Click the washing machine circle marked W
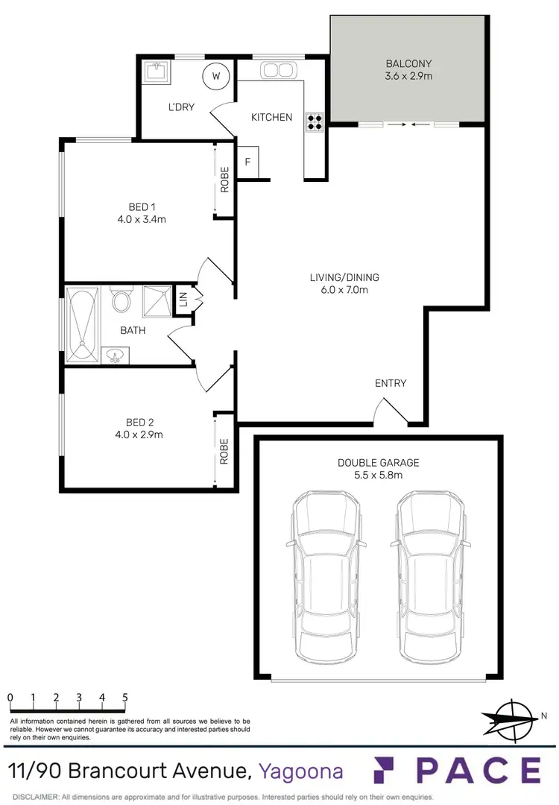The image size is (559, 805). pos(216,76)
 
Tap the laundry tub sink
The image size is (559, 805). pos(157,72)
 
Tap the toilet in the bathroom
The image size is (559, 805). pos(121,300)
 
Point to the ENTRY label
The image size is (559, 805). pos(391,383)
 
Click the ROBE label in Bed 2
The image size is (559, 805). pos(224,451)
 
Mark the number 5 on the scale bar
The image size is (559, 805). pos(124,698)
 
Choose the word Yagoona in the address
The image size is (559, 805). pos(301,770)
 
